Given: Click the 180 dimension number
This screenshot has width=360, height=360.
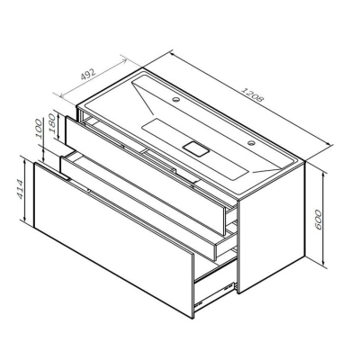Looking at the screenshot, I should tap(56, 129).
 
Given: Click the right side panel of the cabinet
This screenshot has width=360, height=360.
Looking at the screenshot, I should tap(274, 225).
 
